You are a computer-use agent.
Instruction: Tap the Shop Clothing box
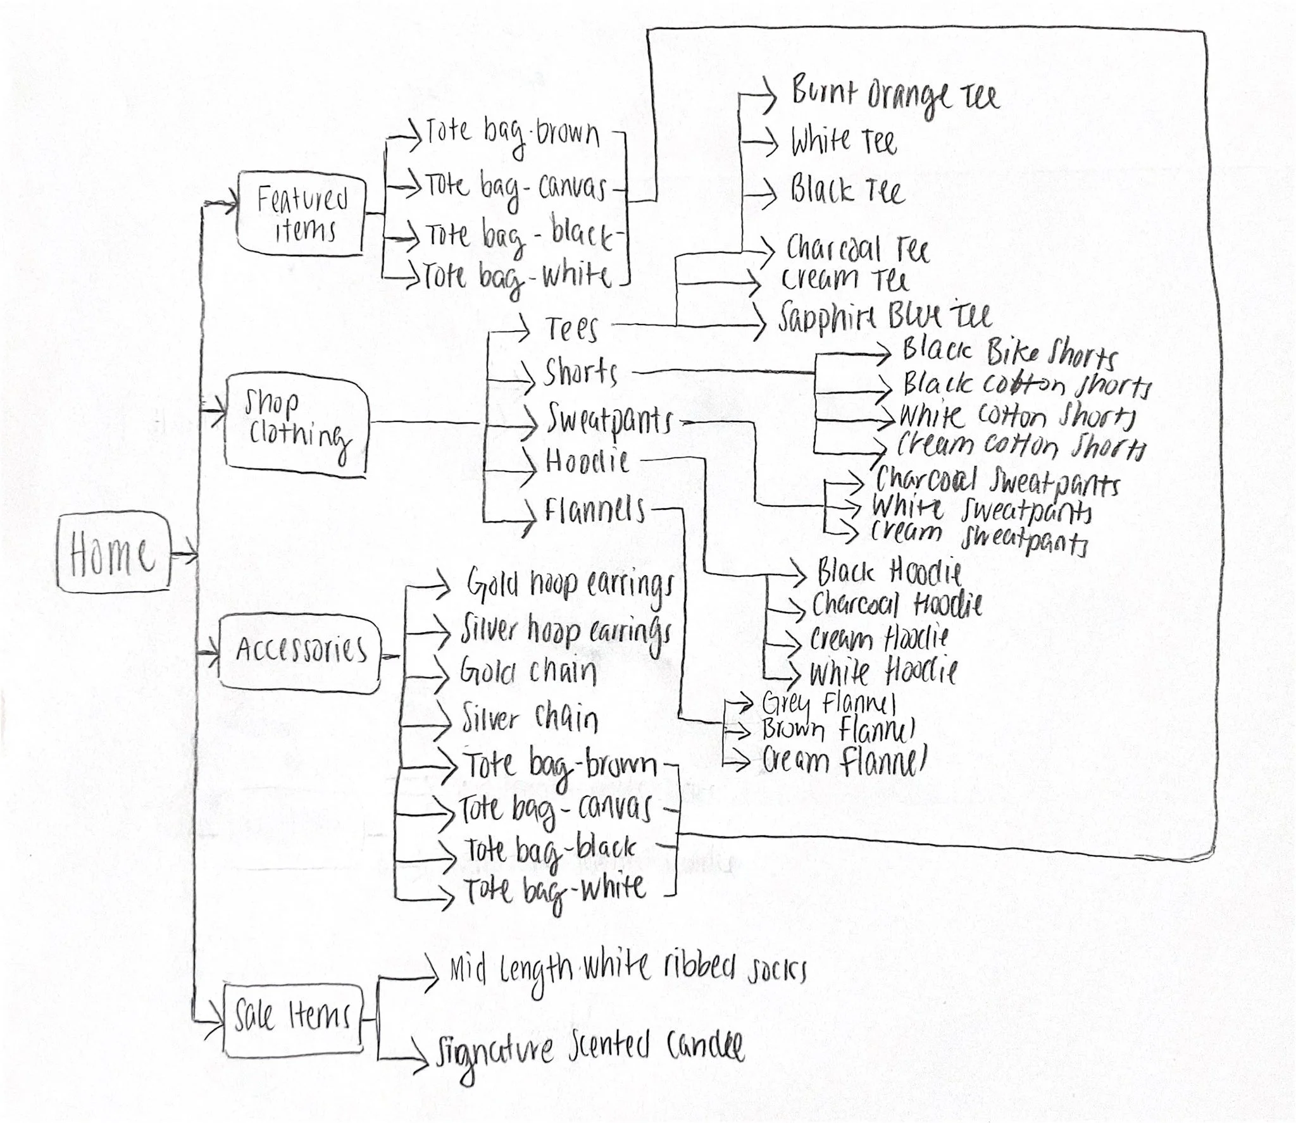[296, 423]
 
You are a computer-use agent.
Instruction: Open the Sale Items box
[293, 1017]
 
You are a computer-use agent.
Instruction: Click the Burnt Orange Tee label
[894, 96]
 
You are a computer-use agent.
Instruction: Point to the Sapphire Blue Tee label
[885, 316]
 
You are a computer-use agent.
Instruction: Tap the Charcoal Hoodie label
[897, 605]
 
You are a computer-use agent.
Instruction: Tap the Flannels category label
[595, 510]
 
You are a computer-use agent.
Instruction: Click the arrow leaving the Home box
[185, 556]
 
